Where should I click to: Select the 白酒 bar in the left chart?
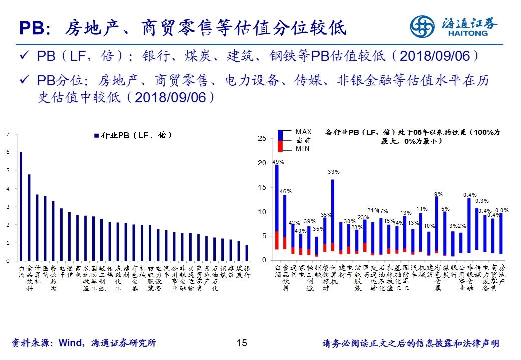point(21,206)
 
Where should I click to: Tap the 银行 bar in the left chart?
point(246,253)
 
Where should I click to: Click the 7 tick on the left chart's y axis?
point(8,134)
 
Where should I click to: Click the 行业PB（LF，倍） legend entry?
point(133,135)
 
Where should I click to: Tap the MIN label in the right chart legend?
point(302,148)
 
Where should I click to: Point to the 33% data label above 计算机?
point(333,172)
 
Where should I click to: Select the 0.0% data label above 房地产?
point(502,211)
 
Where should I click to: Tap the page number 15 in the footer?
point(242,343)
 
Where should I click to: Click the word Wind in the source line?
point(74,343)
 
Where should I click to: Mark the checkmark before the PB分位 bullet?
point(23,81)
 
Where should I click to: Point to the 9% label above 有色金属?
point(438,194)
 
